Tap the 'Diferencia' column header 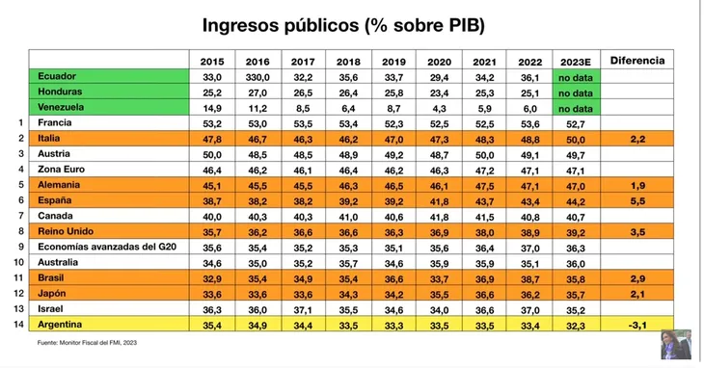pos(637,61)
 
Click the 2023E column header pos(576,61)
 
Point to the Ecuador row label pos(57,76)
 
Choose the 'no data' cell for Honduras pos(576,92)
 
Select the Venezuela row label pos(65,108)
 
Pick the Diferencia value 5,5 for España pos(637,200)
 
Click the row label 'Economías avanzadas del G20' pos(107,248)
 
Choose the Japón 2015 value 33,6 pos(212,294)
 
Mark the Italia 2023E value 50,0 pos(576,139)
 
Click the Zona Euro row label pos(67,170)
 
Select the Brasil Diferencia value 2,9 pos(637,278)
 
